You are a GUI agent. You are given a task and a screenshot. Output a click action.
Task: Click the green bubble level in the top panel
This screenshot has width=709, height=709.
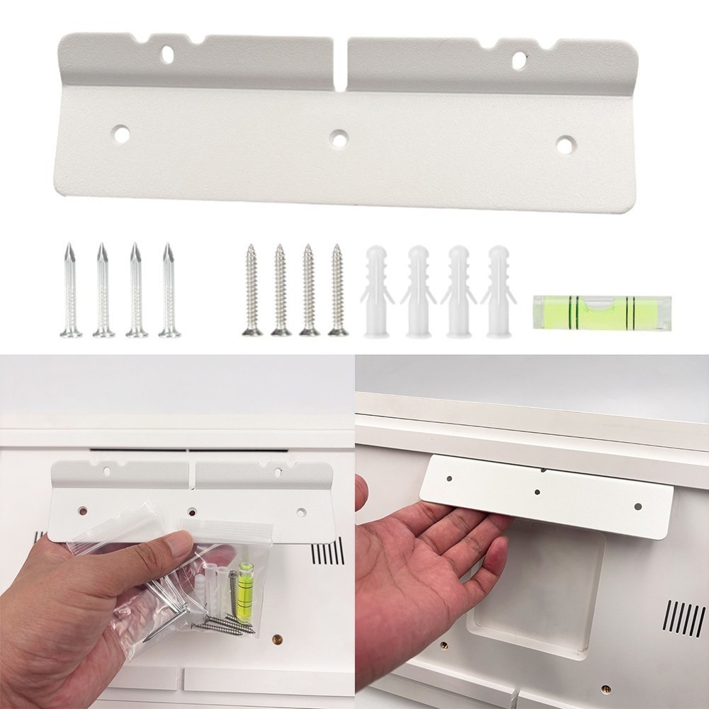pyautogui.click(x=600, y=312)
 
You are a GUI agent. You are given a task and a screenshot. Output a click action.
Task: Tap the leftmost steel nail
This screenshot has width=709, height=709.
pyautogui.click(x=70, y=291)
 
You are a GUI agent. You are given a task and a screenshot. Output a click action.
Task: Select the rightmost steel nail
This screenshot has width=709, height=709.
pyautogui.click(x=169, y=291)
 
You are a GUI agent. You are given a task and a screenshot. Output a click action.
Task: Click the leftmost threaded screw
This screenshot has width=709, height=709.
pyautogui.click(x=251, y=290)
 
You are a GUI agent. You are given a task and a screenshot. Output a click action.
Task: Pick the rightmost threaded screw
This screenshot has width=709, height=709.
pyautogui.click(x=337, y=290)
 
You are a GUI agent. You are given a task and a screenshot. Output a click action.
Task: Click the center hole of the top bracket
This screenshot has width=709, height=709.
pyautogui.click(x=339, y=140)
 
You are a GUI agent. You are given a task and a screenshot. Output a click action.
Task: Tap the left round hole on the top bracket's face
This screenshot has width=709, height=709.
pyautogui.click(x=121, y=133)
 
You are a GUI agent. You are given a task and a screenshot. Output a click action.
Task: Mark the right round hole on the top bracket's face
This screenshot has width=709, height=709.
pyautogui.click(x=565, y=145)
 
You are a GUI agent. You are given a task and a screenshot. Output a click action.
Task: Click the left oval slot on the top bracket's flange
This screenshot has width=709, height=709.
pyautogui.click(x=168, y=53)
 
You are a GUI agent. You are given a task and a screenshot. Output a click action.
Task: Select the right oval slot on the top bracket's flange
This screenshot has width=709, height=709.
pyautogui.click(x=519, y=59)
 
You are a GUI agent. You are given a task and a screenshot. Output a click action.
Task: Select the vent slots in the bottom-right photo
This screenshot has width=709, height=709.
pyautogui.click(x=684, y=618)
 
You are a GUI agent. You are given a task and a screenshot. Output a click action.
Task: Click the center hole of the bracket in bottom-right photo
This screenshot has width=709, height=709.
pyautogui.click(x=538, y=492)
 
